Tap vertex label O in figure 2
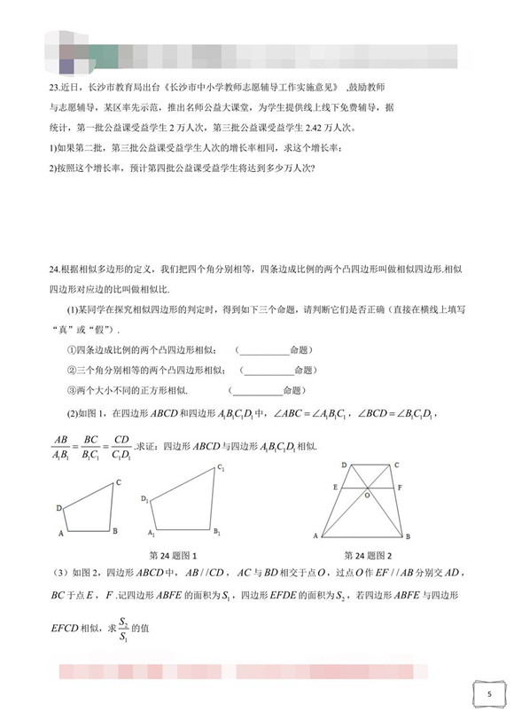click(366, 496)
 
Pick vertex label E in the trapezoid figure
click(334, 487)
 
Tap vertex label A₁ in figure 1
click(151, 535)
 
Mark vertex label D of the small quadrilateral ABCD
click(58, 508)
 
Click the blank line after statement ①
click(264, 349)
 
